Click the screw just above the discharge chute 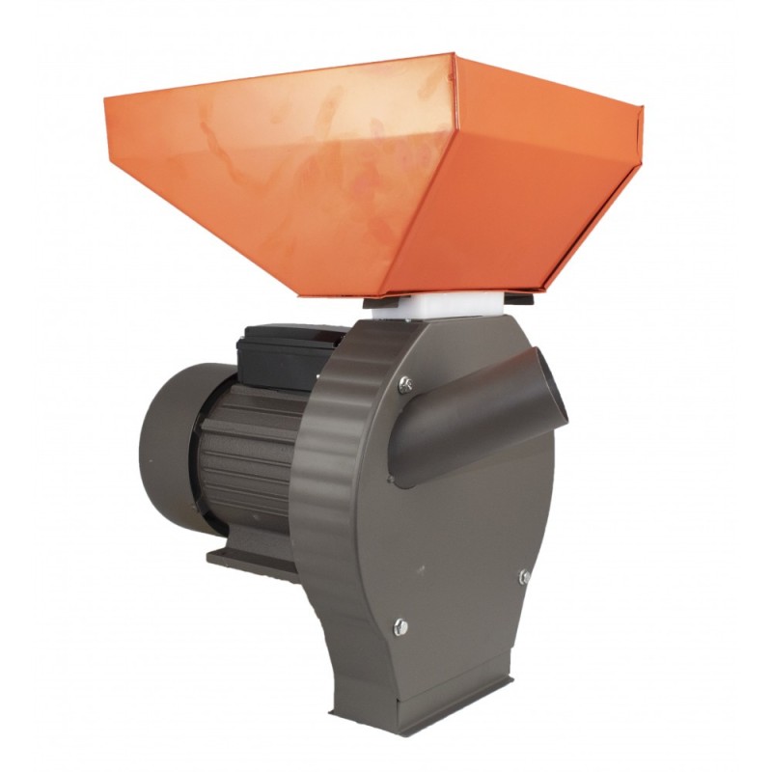pyautogui.click(x=406, y=383)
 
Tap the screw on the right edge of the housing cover pyautogui.click(x=524, y=576)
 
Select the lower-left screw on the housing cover pyautogui.click(x=400, y=627)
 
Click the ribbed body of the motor pyautogui.click(x=246, y=454)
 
